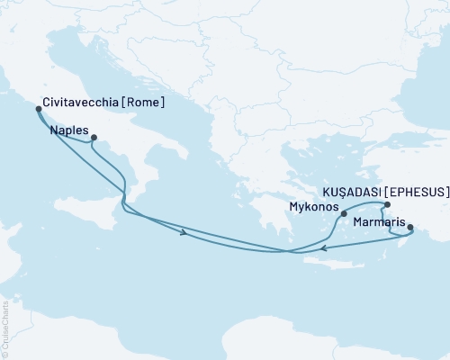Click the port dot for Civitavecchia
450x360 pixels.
pos(38,109)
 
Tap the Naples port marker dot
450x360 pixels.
pos(94,138)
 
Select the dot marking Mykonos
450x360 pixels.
pos(344,213)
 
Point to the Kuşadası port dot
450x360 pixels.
pos(387,205)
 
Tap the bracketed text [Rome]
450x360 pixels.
pos(147,103)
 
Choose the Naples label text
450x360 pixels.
pos(68,130)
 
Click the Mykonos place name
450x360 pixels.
pos(314,207)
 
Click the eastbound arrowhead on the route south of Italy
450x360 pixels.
pos(184,234)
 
